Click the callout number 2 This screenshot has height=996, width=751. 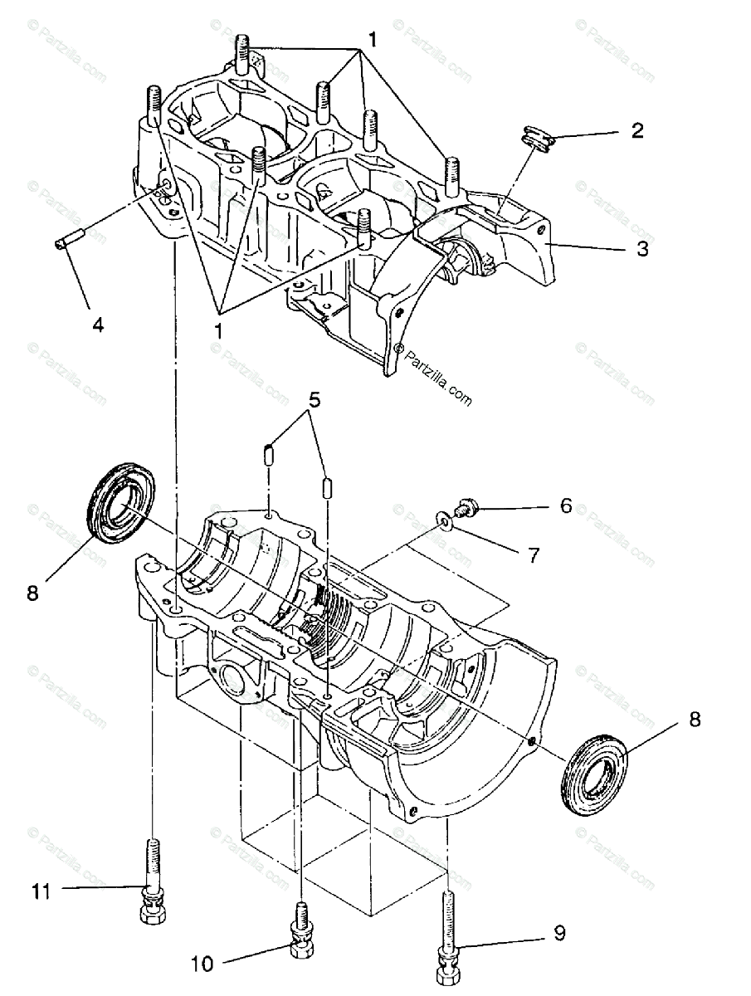tap(636, 130)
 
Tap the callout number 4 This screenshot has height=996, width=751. tap(98, 325)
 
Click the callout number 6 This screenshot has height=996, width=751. tap(565, 505)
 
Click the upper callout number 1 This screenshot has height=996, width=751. tap(373, 39)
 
